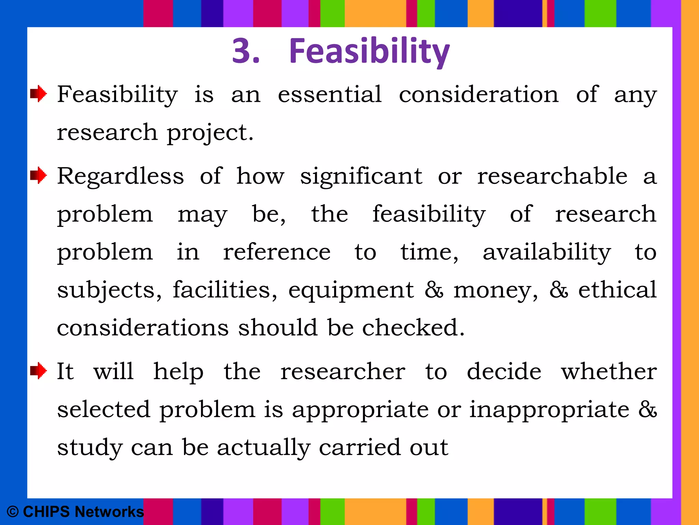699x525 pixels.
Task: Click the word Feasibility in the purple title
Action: click(x=369, y=51)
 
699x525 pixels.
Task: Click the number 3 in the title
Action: click(x=242, y=51)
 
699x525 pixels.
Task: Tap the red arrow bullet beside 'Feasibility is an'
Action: click(x=39, y=93)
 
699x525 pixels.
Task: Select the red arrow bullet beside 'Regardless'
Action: click(x=39, y=176)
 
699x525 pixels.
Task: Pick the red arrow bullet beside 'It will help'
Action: click(x=39, y=371)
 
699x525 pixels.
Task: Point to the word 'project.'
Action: click(x=210, y=133)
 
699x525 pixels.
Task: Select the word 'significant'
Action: click(x=361, y=177)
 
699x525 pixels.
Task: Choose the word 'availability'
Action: click(x=547, y=252)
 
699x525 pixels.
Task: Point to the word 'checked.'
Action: click(x=413, y=327)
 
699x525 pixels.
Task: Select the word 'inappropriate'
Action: click(x=549, y=410)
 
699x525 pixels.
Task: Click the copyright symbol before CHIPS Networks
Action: click(x=13, y=512)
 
